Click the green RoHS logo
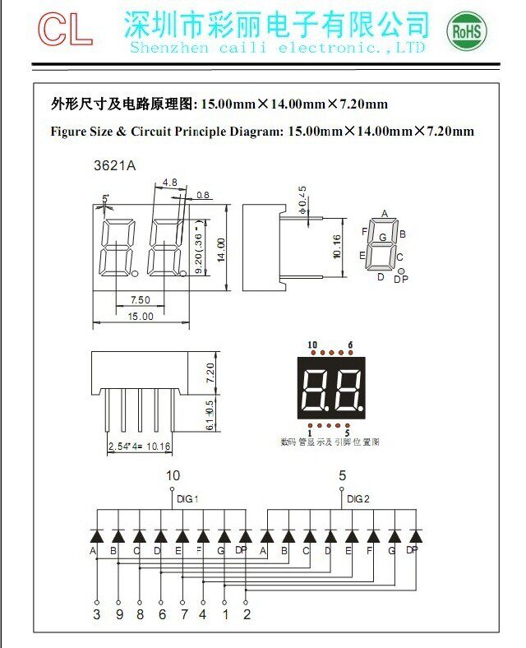coord(466,32)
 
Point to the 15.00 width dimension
coord(141,316)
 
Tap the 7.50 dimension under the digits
coord(141,299)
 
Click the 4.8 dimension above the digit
coord(170,182)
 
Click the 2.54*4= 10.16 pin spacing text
coord(140,447)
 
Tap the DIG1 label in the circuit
coord(187,498)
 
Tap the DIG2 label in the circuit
coord(358,498)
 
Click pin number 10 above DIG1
coord(173,475)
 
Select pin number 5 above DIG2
coord(342,475)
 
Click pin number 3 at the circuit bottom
coord(96,613)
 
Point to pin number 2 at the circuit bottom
coord(247,613)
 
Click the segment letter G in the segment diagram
coord(383,238)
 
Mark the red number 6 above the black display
coord(350,345)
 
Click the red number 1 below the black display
coord(310,432)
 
